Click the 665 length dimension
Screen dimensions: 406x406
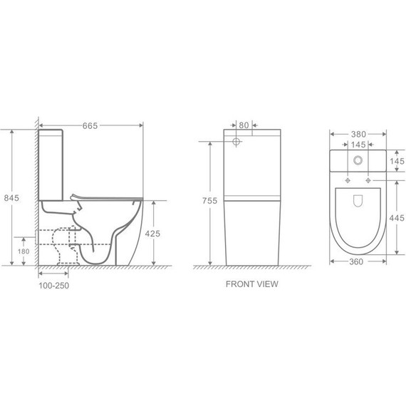[x=90, y=126]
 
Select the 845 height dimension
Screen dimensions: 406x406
[x=11, y=198]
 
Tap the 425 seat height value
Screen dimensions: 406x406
[x=152, y=234]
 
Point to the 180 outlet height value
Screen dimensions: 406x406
[x=24, y=251]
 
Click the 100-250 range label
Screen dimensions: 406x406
[x=54, y=286]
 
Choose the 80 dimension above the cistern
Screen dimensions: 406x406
[x=244, y=125]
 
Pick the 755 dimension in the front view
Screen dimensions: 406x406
[x=209, y=201]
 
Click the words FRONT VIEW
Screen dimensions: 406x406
[x=252, y=284]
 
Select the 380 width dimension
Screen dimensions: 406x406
[x=358, y=134]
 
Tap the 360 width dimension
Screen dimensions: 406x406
[x=356, y=262]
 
